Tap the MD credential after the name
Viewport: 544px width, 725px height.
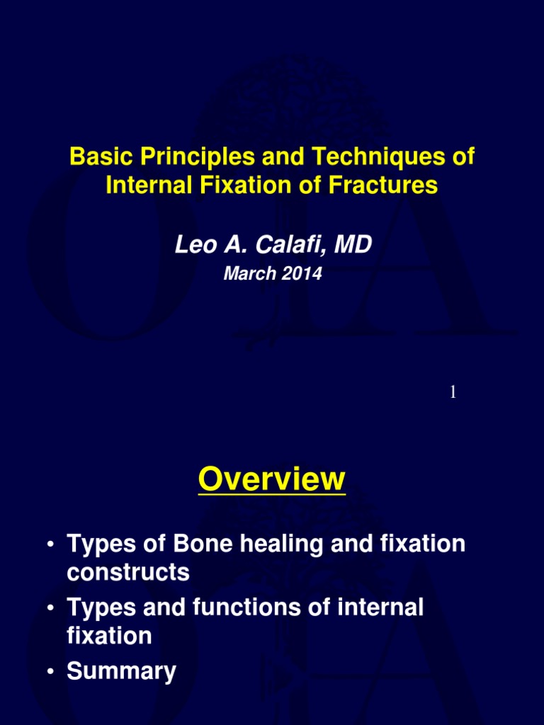[x=352, y=245]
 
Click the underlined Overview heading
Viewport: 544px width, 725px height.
[x=271, y=480]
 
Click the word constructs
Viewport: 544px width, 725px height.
[x=127, y=572]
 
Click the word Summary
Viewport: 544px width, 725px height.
[x=121, y=670]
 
